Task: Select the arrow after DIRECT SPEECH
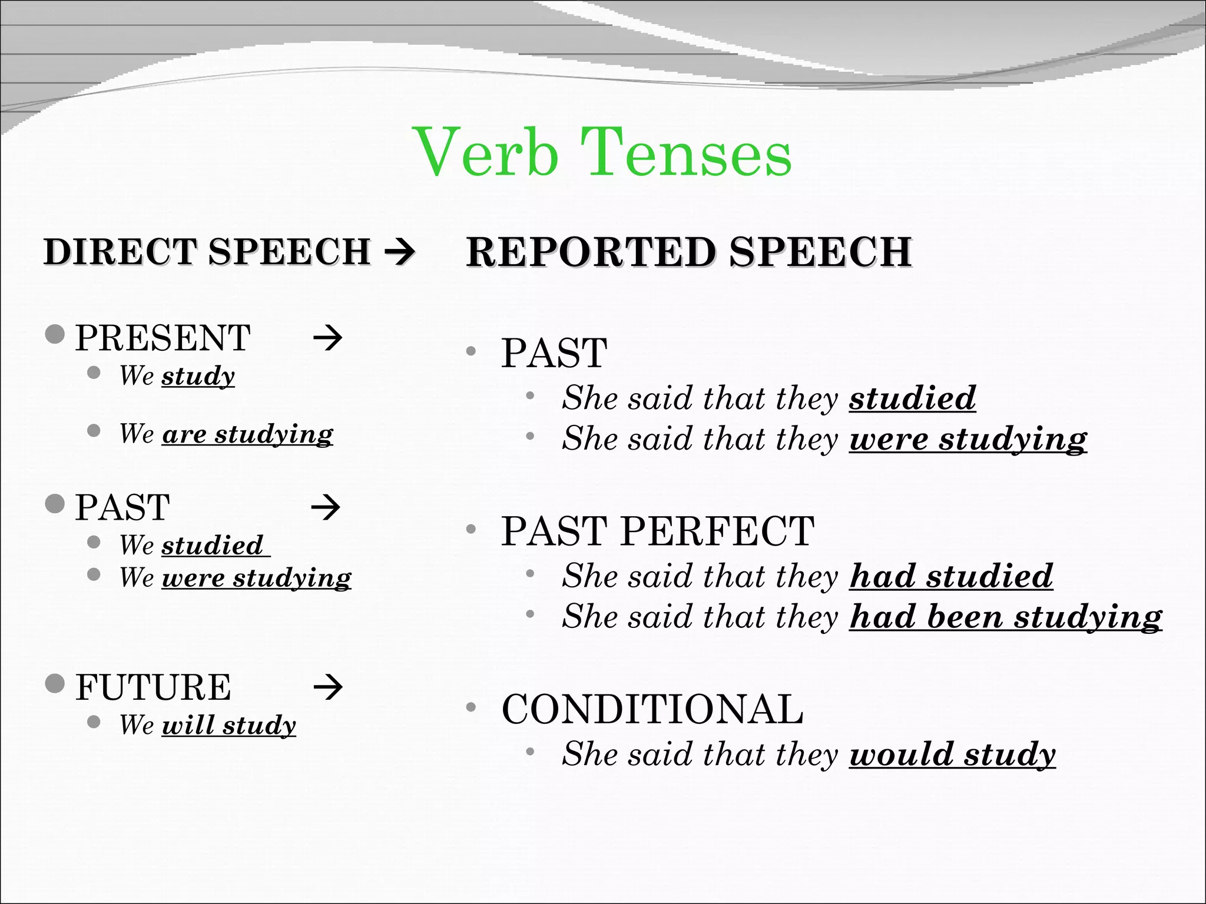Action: click(400, 252)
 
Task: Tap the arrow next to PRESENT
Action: click(327, 338)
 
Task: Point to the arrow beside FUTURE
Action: click(327, 686)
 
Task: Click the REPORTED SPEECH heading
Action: click(689, 252)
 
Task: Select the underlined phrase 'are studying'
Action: click(247, 434)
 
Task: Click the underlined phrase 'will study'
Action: click(229, 725)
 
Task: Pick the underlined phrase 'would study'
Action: click(952, 755)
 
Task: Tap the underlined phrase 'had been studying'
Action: click(1006, 617)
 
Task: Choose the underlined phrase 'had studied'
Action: click(951, 576)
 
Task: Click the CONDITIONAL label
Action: click(652, 709)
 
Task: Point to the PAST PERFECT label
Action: click(658, 531)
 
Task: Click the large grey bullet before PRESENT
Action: click(55, 334)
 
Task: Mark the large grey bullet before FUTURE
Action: click(55, 683)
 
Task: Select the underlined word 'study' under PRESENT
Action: click(198, 376)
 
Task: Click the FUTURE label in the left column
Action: click(153, 687)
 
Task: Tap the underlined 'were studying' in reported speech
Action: click(968, 440)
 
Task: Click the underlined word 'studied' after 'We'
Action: click(213, 546)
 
